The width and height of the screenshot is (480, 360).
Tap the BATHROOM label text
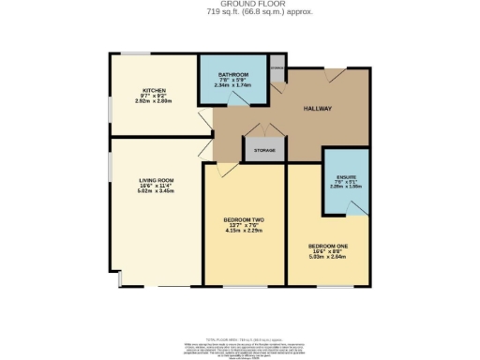point(232,74)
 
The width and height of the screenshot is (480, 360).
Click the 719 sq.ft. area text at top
point(239,12)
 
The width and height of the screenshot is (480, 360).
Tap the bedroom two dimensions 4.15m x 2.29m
point(243,231)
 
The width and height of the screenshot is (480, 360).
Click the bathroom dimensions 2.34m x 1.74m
point(232,86)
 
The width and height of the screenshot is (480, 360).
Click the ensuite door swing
point(352,207)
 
